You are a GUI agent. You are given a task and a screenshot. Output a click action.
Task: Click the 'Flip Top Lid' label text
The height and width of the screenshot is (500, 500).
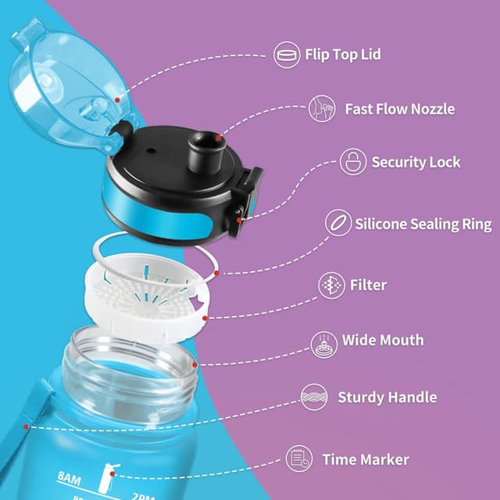343,55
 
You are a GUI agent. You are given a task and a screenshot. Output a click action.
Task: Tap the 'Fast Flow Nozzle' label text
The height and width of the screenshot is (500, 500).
400,109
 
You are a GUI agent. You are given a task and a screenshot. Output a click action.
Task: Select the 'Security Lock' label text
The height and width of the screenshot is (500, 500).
416,162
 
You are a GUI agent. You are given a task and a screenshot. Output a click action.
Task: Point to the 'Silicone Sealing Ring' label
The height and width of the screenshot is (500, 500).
423,224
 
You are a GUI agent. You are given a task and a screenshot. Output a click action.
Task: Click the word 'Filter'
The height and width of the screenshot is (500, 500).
368,284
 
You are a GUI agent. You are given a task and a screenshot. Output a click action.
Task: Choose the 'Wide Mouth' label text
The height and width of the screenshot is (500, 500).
383,340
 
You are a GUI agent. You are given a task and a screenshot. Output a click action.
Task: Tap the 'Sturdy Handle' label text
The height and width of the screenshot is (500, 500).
387,398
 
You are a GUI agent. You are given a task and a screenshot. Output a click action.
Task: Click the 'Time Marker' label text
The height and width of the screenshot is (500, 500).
366,459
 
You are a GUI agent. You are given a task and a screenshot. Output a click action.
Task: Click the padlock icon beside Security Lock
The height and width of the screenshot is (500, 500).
353,162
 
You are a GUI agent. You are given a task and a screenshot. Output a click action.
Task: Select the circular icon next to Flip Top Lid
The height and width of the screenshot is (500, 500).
287,55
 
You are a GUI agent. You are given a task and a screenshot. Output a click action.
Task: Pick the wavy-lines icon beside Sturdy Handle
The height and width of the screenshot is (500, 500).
314,397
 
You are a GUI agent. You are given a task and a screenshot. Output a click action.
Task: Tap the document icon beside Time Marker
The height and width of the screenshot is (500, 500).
299,459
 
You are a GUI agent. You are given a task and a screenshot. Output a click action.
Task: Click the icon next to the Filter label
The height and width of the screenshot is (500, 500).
331,285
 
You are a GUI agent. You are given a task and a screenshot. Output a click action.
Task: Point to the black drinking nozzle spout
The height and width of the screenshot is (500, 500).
205,152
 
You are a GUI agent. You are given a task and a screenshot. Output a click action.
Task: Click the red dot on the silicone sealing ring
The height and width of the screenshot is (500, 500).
216,273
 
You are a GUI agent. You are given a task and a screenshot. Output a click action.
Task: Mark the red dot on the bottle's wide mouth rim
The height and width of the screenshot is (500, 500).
195,365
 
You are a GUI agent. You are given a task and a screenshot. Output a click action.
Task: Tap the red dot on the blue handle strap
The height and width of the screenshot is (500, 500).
26,427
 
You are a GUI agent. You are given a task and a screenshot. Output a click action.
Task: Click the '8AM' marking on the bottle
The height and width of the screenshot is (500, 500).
70,479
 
